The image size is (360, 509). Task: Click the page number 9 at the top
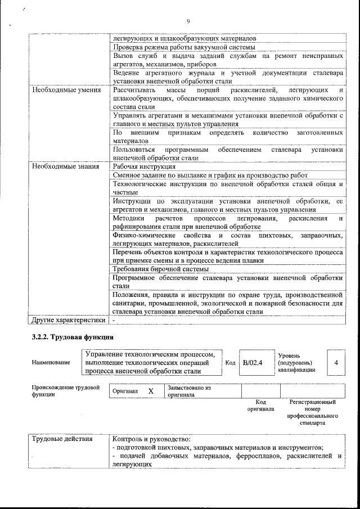click(188, 21)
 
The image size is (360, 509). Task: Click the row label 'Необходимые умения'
click(66, 90)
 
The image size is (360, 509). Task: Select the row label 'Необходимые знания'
click(66, 166)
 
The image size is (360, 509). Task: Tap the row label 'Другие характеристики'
click(69, 320)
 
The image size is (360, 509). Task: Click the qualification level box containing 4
click(336, 363)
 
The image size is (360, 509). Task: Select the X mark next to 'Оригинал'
click(150, 391)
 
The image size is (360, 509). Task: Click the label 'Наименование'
click(51, 363)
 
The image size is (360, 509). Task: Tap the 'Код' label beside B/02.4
click(229, 363)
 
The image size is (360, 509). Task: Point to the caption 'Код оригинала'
click(260, 406)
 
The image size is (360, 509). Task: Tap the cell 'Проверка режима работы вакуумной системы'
click(184, 47)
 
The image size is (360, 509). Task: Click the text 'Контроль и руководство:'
click(152, 439)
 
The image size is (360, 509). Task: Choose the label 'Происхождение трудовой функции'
click(66, 391)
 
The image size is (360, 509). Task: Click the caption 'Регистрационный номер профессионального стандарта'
click(312, 412)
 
